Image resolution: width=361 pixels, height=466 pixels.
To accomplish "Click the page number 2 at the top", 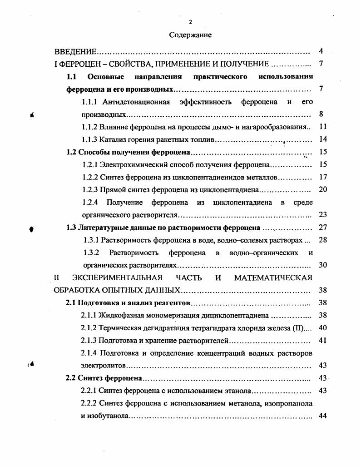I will (x=190, y=22).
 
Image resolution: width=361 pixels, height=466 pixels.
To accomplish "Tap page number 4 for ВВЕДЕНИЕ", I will (x=321, y=51).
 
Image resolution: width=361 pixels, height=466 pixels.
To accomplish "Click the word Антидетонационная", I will (x=136, y=102).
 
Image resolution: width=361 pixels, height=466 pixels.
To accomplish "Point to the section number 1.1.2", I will (x=91, y=127).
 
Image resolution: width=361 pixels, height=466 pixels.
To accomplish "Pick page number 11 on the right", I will (x=323, y=126).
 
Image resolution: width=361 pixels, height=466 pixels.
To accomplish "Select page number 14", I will (x=323, y=139).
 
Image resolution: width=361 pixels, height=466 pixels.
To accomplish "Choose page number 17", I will (x=323, y=177).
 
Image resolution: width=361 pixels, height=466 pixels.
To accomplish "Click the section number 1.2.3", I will (x=91, y=189).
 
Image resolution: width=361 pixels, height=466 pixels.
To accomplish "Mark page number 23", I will (x=323, y=214).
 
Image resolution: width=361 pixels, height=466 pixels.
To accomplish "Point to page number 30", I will (x=323, y=265).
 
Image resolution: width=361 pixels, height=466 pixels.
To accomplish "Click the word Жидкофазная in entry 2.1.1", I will (x=120, y=315).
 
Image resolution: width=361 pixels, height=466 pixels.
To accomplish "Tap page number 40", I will (x=323, y=327).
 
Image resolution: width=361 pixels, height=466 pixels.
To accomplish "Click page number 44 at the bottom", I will (x=323, y=416).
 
